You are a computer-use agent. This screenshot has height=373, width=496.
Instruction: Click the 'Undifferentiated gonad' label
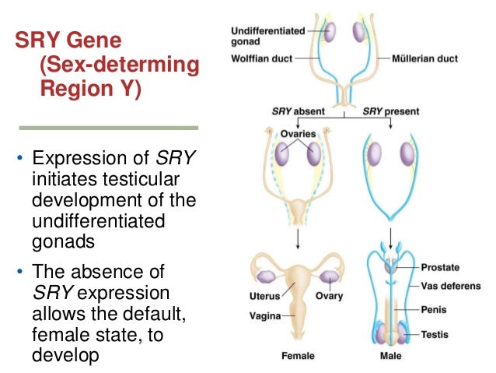(x=268, y=34)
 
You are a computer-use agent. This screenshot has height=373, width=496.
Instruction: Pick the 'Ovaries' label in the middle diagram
(x=299, y=133)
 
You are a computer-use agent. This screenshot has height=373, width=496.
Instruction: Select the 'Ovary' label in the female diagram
(x=329, y=296)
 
